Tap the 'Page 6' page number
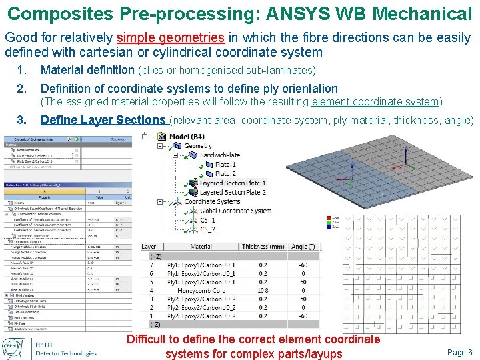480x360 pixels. click(460, 352)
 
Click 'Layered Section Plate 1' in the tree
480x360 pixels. click(233, 183)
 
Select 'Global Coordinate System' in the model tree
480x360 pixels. click(235, 211)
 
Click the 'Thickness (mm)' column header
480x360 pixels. click(264, 246)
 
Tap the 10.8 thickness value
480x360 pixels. click(263, 290)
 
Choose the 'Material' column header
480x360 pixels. click(201, 246)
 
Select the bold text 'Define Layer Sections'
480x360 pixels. click(112, 120)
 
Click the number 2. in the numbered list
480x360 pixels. click(21, 88)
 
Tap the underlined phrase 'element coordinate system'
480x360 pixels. click(375, 102)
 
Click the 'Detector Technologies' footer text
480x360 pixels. click(66, 353)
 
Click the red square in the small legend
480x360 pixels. click(329, 218)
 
